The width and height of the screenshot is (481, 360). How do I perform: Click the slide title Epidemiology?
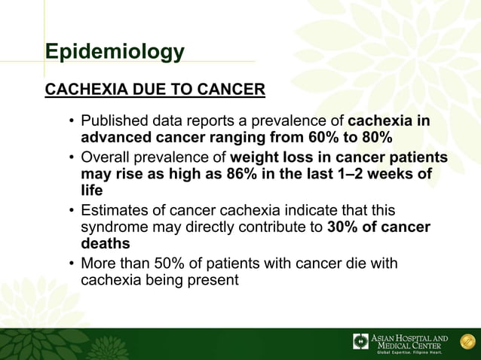115,52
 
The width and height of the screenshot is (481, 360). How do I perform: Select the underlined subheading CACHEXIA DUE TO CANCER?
155,90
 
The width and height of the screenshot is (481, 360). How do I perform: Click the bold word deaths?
106,244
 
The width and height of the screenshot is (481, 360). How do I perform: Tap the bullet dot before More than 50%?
69,264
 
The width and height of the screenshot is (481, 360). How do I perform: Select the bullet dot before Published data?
69,123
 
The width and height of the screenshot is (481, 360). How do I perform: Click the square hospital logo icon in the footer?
361,341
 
